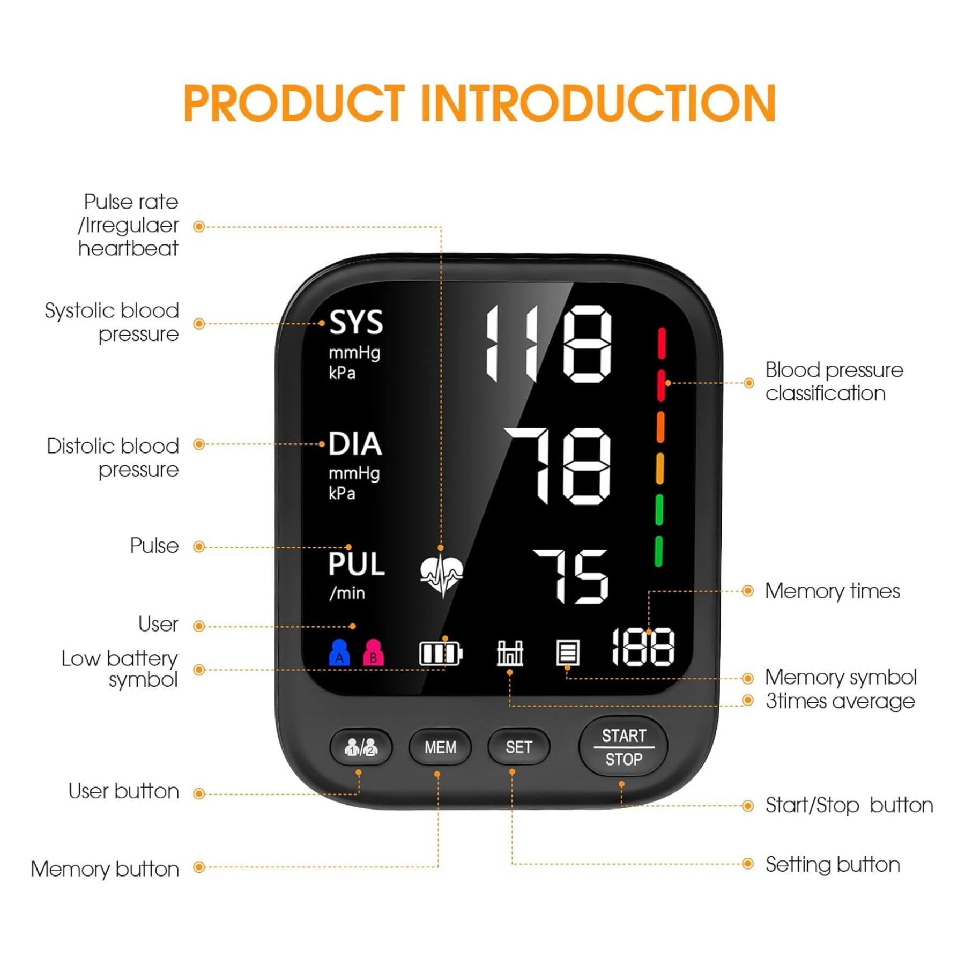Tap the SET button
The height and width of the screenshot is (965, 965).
pyautogui.click(x=518, y=747)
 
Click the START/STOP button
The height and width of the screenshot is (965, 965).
pyautogui.click(x=623, y=747)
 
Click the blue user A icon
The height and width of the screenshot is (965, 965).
pyautogui.click(x=339, y=652)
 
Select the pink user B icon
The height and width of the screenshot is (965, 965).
pyautogui.click(x=373, y=652)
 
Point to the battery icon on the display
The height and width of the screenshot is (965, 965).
pyautogui.click(x=440, y=653)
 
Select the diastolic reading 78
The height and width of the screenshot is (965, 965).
pyautogui.click(x=558, y=466)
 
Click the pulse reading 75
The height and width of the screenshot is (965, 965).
pyautogui.click(x=571, y=576)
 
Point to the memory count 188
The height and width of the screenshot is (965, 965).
pyautogui.click(x=643, y=647)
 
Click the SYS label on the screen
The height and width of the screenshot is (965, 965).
pyautogui.click(x=356, y=322)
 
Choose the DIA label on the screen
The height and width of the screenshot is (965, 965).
pyautogui.click(x=355, y=444)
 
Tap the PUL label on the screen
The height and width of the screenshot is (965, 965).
pyautogui.click(x=357, y=564)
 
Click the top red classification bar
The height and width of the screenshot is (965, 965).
pyautogui.click(x=662, y=343)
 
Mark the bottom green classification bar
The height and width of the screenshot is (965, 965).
pyautogui.click(x=658, y=551)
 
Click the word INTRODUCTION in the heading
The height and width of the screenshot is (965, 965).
pyautogui.click(x=598, y=103)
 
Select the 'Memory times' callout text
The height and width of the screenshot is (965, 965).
pyautogui.click(x=832, y=591)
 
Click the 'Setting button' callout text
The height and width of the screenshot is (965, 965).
pyautogui.click(x=832, y=864)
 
